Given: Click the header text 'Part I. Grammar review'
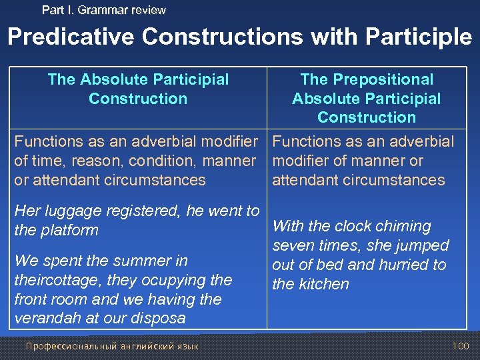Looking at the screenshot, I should pyautogui.click(x=103, y=10).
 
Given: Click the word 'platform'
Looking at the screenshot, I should pyautogui.click(x=69, y=231).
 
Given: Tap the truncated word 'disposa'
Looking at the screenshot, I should pyautogui.click(x=159, y=319).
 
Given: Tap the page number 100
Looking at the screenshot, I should pyautogui.click(x=461, y=346).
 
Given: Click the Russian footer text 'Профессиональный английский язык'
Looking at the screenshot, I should pyautogui.click(x=111, y=346).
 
